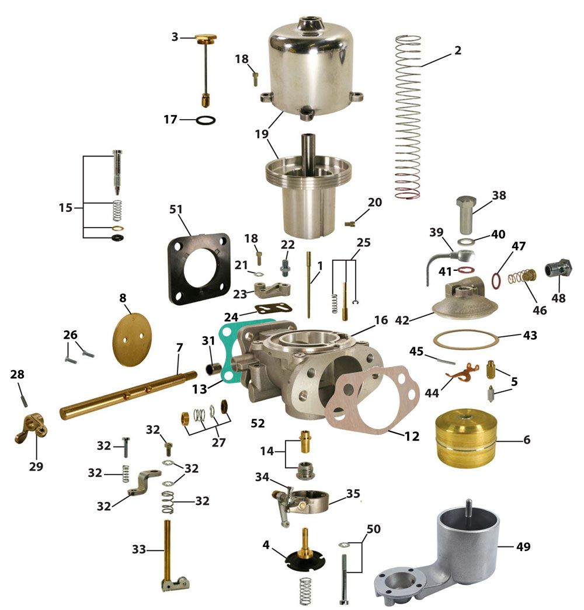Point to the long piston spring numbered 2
pos(408,117)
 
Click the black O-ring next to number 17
pos(206,120)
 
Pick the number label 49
pos(523,546)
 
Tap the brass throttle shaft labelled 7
pos(128,395)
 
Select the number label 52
pos(258,423)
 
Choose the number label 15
pos(65,207)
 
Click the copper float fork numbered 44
pos(463,372)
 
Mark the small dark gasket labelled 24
pos(273,309)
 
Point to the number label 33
pos(139,549)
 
